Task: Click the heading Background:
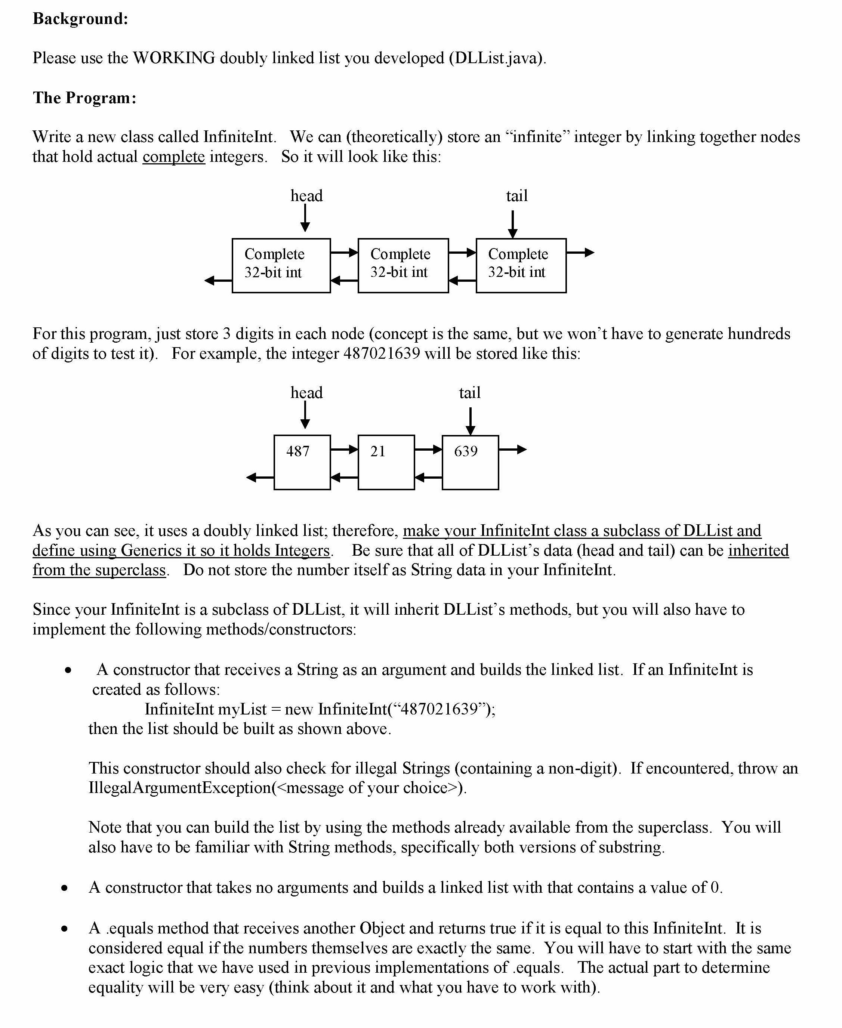80,19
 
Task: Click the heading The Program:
84,98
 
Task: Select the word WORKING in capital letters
174,58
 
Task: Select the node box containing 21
386,462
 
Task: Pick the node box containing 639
470,462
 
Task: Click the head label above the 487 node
306,393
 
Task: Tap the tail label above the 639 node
469,393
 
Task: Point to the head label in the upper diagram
306,196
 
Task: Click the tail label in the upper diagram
516,196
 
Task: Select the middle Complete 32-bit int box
403,265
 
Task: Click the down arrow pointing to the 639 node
470,421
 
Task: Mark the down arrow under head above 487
305,416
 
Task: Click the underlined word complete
174,157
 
